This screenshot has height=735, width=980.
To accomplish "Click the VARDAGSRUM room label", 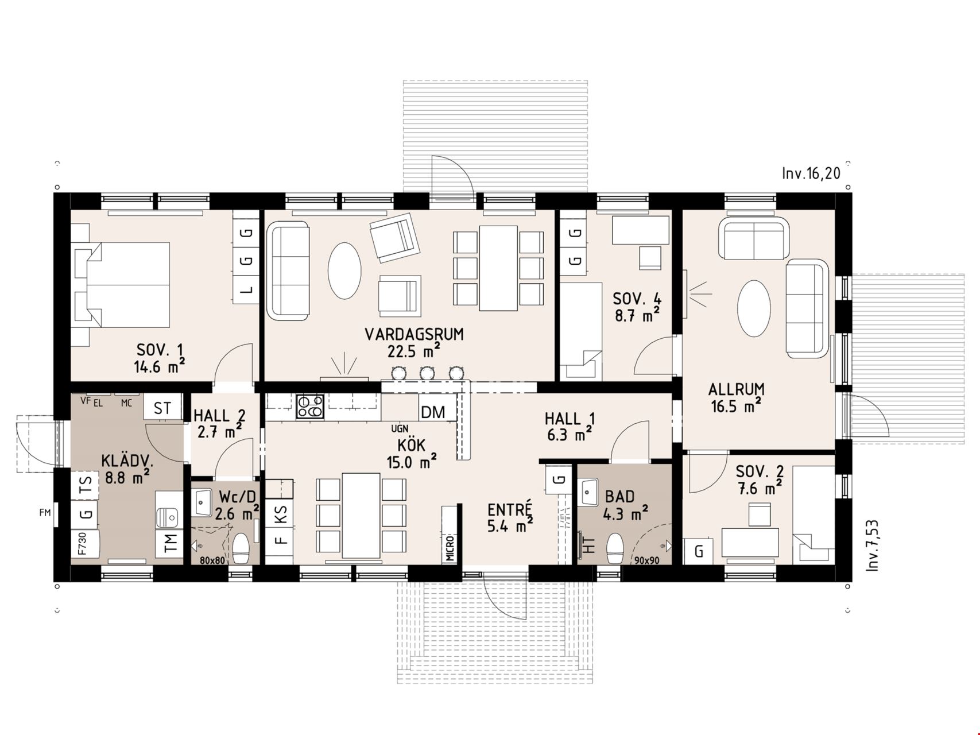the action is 414,334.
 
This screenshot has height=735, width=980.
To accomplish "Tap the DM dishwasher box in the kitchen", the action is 433,412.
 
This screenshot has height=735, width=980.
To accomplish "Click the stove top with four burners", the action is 310,406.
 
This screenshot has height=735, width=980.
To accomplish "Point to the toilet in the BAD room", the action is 615,549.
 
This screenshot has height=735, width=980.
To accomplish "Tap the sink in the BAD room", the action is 588,490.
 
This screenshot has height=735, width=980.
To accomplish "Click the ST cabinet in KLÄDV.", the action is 162,407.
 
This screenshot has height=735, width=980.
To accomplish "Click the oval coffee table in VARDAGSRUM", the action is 344,270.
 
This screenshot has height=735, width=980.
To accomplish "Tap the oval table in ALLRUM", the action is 754,308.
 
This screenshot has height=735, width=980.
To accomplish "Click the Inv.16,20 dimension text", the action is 811,173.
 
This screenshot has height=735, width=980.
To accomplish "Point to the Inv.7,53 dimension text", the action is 872,546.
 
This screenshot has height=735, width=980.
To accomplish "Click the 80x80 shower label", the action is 212,560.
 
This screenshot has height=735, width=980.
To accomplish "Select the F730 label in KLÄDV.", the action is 82,543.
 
